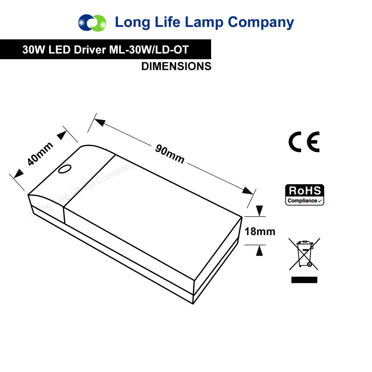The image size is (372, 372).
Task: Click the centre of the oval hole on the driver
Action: point(65,169)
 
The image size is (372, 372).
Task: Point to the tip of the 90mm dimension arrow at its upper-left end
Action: point(94,119)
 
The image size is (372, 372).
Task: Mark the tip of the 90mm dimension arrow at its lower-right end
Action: point(253,194)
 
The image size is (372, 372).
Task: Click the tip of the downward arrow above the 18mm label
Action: point(259,216)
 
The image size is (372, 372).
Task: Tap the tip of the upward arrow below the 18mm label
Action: point(259,245)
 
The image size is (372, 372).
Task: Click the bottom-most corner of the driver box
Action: point(193,304)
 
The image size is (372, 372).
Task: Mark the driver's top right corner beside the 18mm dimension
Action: point(242,217)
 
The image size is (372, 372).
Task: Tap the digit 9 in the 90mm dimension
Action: point(159,149)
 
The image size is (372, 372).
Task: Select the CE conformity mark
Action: point(304,142)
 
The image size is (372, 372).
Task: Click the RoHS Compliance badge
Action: point(305,195)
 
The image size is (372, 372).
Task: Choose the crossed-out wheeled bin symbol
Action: point(304,254)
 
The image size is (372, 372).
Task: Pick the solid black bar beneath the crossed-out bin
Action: point(304,280)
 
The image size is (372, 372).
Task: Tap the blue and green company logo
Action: point(92,23)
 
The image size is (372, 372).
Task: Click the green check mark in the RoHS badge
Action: point(320,201)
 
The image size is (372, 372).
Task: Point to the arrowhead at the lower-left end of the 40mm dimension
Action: point(14,178)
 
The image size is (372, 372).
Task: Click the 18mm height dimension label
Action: point(260,232)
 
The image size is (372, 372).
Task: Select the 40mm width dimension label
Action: point(40,154)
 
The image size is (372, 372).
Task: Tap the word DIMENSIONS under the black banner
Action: point(176,66)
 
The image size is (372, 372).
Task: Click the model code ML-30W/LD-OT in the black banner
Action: point(149,50)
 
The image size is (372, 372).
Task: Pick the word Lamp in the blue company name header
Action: point(204,22)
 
